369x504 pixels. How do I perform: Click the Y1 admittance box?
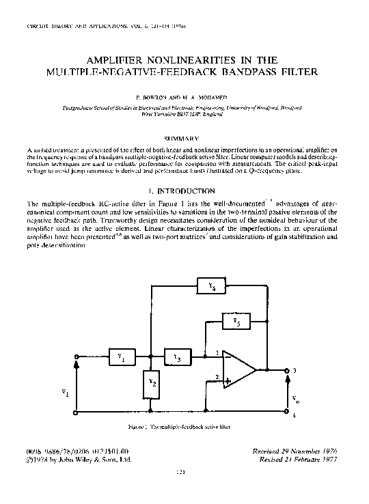121,356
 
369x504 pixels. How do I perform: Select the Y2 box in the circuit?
152,386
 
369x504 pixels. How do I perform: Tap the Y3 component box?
177,356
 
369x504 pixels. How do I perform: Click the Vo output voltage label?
295,398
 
